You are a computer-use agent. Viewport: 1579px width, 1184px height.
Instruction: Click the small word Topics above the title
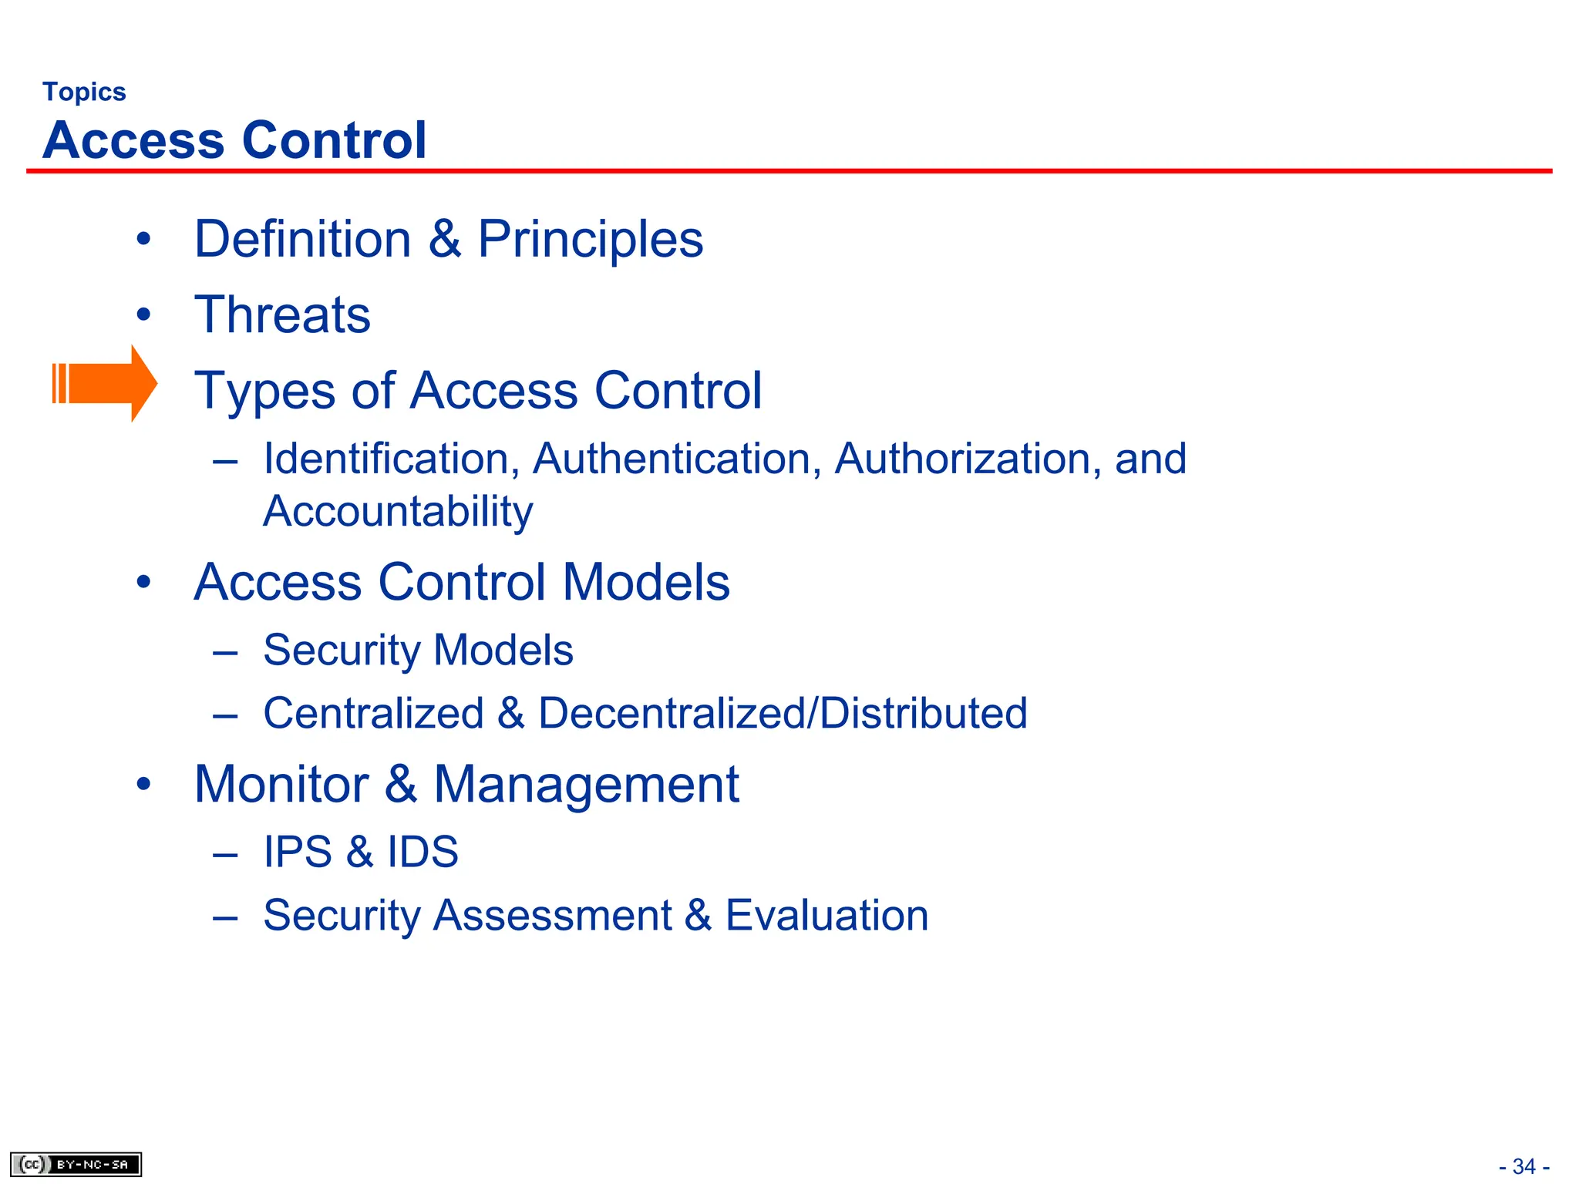point(84,92)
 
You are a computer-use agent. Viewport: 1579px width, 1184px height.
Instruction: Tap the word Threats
point(282,314)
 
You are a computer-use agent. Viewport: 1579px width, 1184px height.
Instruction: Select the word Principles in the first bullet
point(590,240)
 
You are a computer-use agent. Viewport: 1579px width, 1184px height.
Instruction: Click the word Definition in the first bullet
point(302,239)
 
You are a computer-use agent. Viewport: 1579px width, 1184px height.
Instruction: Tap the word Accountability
point(398,511)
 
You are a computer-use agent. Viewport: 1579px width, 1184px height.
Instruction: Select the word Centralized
point(373,713)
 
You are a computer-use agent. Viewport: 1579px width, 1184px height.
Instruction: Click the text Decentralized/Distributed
point(783,713)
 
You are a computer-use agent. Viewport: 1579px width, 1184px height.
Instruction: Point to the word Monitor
point(281,785)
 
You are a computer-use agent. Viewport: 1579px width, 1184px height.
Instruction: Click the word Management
point(586,785)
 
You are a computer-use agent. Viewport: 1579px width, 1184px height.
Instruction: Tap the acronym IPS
point(298,852)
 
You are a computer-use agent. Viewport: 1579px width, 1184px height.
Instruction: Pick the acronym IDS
point(423,852)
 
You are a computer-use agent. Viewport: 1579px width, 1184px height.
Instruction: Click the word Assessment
point(552,916)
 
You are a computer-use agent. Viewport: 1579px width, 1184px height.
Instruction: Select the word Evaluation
point(827,915)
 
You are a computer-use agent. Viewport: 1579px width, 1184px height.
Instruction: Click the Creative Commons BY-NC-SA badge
point(76,1164)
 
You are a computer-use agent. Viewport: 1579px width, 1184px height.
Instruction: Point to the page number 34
point(1523,1166)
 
